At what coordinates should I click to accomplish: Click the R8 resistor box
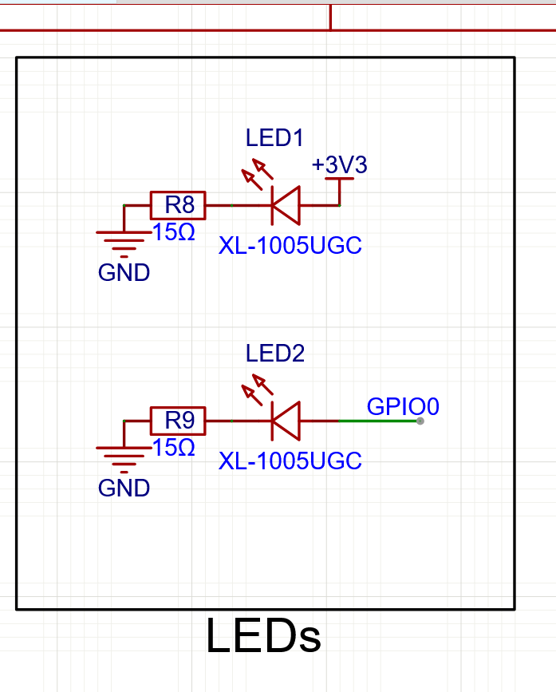coord(178,205)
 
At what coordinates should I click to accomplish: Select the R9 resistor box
coord(178,420)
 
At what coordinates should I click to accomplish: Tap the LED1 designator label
coord(274,138)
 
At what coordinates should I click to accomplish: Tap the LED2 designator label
coord(274,353)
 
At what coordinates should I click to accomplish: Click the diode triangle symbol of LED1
coord(285,205)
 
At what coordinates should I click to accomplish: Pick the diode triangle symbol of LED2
coord(285,420)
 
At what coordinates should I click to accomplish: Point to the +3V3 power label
coord(340,165)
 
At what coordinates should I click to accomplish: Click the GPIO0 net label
coord(403,406)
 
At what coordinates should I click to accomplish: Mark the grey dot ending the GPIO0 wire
coord(420,421)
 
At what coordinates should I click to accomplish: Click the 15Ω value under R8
coord(174,232)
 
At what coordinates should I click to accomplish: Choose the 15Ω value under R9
coord(174,447)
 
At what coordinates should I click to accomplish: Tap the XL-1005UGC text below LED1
coord(290,246)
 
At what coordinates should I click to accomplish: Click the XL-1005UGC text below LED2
coord(290,461)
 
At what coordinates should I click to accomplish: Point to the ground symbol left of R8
coord(124,240)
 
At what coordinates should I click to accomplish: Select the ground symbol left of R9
coord(124,456)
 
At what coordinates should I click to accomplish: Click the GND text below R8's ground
coord(124,272)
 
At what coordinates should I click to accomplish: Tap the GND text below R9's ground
coord(124,487)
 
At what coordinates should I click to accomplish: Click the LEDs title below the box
coord(263,637)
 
